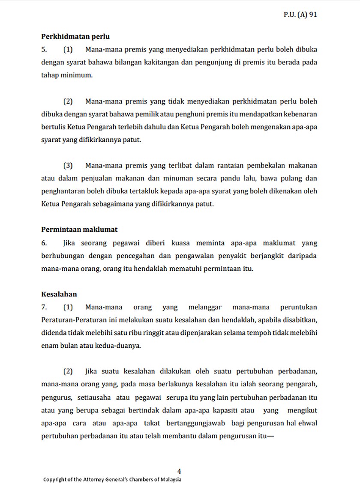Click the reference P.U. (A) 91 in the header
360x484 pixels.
point(300,14)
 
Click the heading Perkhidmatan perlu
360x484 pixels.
point(75,36)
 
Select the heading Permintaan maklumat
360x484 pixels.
point(79,230)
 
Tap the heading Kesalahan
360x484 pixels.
point(59,294)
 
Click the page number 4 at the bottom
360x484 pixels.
point(179,471)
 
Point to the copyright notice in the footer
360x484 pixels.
point(112,479)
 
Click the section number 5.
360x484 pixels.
point(44,49)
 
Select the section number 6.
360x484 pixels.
point(44,243)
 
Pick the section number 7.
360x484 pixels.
point(44,307)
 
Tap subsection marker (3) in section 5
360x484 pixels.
point(68,165)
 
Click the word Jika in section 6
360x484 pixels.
point(69,243)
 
